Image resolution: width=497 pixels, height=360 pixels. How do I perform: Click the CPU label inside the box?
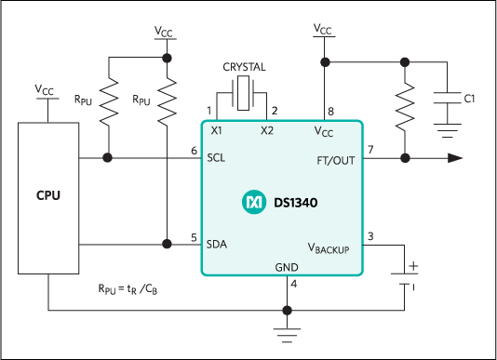click(48, 197)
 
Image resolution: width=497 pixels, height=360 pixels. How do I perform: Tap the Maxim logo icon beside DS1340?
click(253, 202)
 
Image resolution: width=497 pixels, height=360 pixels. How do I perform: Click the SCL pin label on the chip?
click(217, 158)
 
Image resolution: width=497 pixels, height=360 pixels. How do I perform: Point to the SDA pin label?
click(218, 244)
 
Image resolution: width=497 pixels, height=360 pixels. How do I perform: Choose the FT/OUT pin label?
click(336, 160)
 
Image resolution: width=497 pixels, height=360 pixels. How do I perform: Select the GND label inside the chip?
click(287, 267)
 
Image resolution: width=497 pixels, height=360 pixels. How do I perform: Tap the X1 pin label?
click(217, 131)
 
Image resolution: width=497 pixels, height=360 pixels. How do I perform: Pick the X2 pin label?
click(267, 131)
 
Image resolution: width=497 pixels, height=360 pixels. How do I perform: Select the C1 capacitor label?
click(469, 99)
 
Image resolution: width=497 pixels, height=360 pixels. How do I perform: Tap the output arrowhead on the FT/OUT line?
click(454, 158)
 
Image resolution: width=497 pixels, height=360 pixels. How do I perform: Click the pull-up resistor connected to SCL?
click(109, 100)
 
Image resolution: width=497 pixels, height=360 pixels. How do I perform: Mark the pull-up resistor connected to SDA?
click(167, 100)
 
